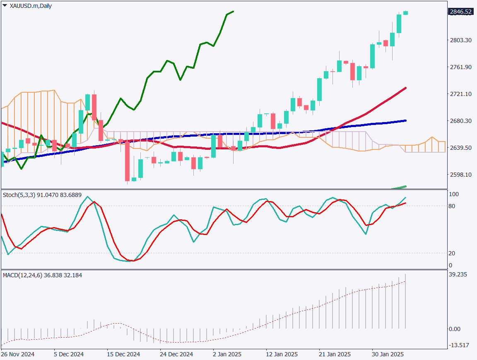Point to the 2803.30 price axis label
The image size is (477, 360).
460,40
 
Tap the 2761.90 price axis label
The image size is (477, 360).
460,67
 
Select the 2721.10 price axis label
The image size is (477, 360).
460,94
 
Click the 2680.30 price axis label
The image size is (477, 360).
460,121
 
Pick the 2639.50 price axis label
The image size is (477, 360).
460,148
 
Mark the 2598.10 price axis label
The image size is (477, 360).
460,175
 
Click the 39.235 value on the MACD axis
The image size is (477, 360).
459,274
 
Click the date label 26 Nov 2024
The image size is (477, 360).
17,355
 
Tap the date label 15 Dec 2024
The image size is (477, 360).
123,355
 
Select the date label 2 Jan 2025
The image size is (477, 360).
227,355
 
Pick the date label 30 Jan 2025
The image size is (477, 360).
387,355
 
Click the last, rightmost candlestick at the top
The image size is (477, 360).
405,13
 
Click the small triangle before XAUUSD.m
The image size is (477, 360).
5,6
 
